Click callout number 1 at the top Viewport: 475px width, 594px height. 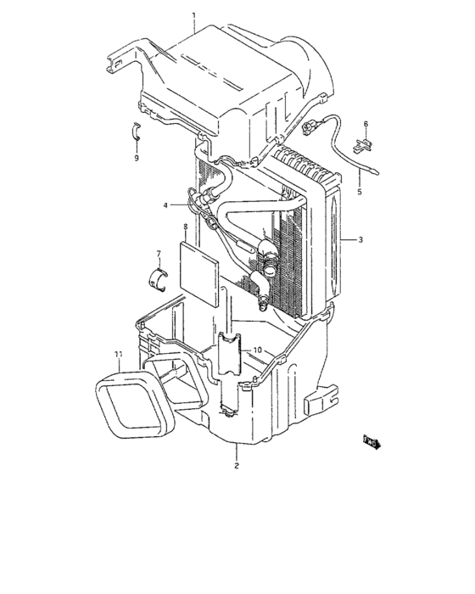tap(193, 16)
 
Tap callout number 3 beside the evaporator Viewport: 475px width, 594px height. tap(360, 240)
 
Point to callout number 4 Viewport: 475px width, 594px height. tap(167, 205)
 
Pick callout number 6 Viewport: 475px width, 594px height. tap(366, 125)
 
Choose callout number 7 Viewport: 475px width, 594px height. tap(158, 254)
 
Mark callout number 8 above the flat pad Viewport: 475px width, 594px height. tap(185, 227)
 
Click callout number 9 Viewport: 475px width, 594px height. tap(135, 158)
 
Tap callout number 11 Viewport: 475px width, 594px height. tap(118, 353)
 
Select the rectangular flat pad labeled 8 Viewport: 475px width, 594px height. tap(198, 268)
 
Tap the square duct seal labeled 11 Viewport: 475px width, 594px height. tap(131, 398)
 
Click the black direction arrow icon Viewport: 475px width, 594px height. tap(372, 442)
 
